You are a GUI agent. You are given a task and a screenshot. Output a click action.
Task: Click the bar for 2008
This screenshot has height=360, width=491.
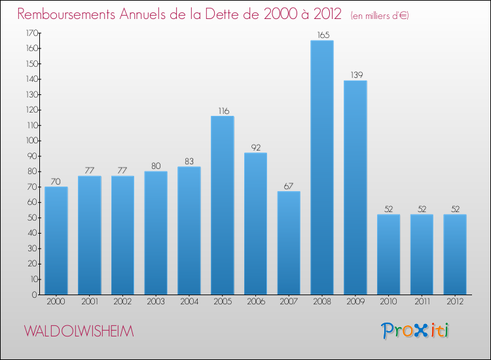[x=321, y=168]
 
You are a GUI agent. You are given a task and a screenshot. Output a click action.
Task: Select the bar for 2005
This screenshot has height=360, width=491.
[x=223, y=205]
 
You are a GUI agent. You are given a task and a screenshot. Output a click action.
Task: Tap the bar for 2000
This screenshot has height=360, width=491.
[x=56, y=240]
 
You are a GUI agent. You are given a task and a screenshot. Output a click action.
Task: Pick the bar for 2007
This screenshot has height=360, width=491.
[x=289, y=243]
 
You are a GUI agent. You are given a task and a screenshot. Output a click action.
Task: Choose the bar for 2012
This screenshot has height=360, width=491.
[x=454, y=254]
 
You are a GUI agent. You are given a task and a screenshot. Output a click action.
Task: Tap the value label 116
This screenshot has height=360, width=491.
[x=223, y=111]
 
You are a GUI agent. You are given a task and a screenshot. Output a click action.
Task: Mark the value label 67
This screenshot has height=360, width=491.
[x=289, y=187]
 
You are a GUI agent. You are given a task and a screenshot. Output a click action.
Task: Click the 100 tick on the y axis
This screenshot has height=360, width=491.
[x=30, y=141]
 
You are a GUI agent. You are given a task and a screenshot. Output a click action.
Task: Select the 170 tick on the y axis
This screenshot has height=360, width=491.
[x=30, y=33]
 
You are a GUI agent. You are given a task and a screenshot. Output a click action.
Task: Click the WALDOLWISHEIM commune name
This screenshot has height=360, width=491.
[x=79, y=332]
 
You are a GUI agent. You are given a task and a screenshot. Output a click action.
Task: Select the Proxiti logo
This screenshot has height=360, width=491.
[x=416, y=331]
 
